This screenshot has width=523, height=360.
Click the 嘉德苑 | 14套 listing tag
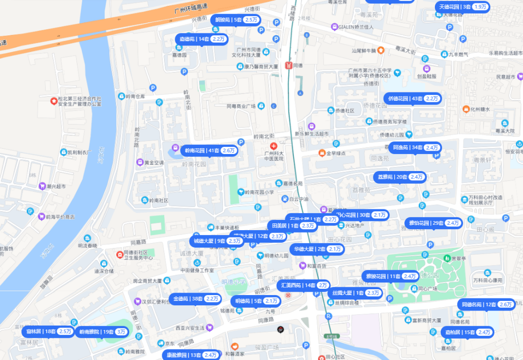click(201, 39)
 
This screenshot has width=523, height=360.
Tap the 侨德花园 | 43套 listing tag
click(413, 98)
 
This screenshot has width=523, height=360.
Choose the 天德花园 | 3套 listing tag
click(462, 7)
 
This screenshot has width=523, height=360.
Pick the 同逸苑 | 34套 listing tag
click(415, 147)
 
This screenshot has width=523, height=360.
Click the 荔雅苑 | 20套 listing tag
click(400, 177)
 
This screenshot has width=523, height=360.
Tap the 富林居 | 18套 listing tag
click(48, 331)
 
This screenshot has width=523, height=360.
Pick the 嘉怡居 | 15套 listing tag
click(468, 332)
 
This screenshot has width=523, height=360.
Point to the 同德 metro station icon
click(289, 65)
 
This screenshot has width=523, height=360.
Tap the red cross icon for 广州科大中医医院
click(274, 146)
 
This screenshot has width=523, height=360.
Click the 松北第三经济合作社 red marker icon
click(54, 101)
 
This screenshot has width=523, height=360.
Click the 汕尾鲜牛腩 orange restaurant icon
click(381, 50)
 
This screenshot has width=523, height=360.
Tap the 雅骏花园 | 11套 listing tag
click(390, 276)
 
